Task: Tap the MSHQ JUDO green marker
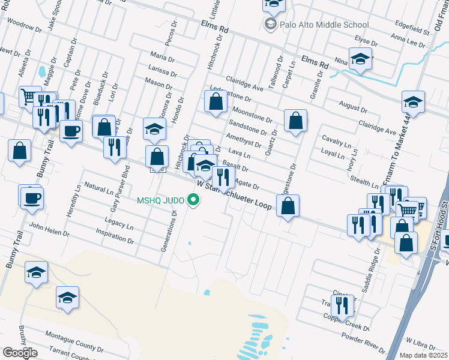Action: [193, 200]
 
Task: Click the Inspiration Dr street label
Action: [114, 235]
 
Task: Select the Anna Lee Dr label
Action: [407, 40]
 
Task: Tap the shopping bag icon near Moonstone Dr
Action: [215, 102]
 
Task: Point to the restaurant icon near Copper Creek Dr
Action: [342, 306]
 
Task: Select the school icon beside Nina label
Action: [360, 59]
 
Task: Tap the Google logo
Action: [20, 352]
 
